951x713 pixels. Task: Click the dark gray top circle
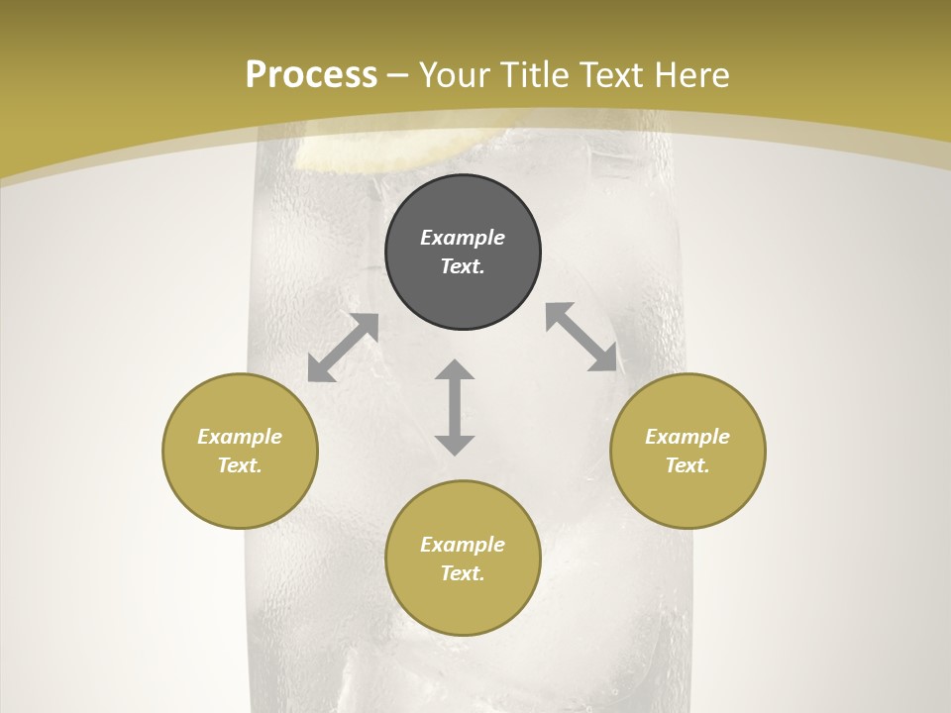click(x=463, y=252)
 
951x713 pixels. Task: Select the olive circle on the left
click(x=240, y=451)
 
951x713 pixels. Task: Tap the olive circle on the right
click(x=687, y=451)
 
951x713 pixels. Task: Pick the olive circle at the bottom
click(x=463, y=559)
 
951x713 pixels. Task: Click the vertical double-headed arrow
click(x=455, y=407)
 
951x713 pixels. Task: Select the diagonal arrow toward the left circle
click(x=343, y=348)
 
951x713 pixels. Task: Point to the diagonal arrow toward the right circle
click(x=581, y=337)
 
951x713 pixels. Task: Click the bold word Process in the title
click(x=311, y=75)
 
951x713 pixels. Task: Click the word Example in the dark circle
click(x=463, y=238)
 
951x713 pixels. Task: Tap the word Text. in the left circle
click(x=240, y=465)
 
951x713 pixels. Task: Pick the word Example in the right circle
click(x=687, y=437)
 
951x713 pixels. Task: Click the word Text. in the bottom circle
click(x=463, y=573)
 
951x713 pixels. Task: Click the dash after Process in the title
click(x=397, y=76)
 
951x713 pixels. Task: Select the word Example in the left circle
click(x=240, y=437)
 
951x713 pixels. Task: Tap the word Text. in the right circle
click(x=687, y=465)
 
